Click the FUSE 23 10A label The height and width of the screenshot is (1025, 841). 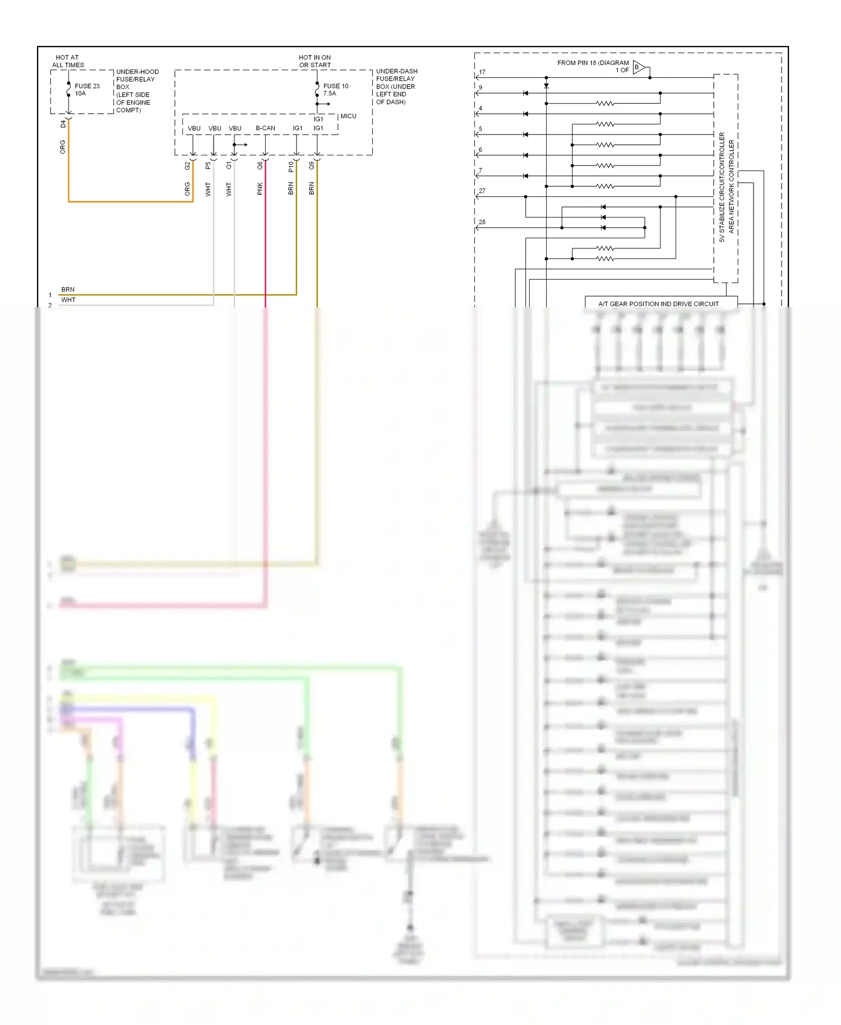(x=87, y=90)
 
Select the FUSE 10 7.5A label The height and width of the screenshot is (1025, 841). (x=335, y=90)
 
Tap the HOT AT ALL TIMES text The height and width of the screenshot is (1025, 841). (x=68, y=61)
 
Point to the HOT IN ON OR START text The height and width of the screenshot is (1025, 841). (x=315, y=61)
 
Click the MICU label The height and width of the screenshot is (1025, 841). (x=348, y=116)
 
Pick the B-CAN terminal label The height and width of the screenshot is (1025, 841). (x=265, y=128)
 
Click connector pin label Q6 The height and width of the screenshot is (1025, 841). (x=260, y=166)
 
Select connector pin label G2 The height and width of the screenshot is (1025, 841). (x=187, y=166)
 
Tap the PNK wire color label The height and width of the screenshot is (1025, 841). (x=260, y=189)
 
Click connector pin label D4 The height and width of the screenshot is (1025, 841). (x=63, y=124)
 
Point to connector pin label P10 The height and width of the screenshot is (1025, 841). (x=290, y=167)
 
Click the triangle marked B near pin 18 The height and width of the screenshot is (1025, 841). (x=639, y=68)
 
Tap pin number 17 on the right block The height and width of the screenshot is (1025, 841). (x=482, y=72)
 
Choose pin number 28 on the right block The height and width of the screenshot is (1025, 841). (x=482, y=222)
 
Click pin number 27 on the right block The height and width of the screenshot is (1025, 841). (x=482, y=191)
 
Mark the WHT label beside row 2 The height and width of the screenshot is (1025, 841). (x=68, y=300)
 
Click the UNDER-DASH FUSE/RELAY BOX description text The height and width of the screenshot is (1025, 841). (x=396, y=86)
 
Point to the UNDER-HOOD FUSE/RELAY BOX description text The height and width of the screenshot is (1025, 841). (x=137, y=91)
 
